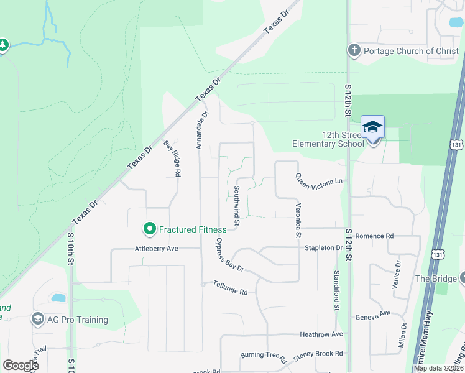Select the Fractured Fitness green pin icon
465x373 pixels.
(x=149, y=229)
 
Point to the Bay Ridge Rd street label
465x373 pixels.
(x=172, y=159)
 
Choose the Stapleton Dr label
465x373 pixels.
(x=323, y=247)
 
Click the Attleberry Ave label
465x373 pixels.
(x=157, y=248)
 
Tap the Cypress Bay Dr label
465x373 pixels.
(x=230, y=256)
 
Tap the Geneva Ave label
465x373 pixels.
(x=372, y=316)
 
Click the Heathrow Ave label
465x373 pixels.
(x=321, y=334)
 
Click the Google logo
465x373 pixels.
(x=21, y=366)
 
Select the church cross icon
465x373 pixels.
(x=354, y=50)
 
